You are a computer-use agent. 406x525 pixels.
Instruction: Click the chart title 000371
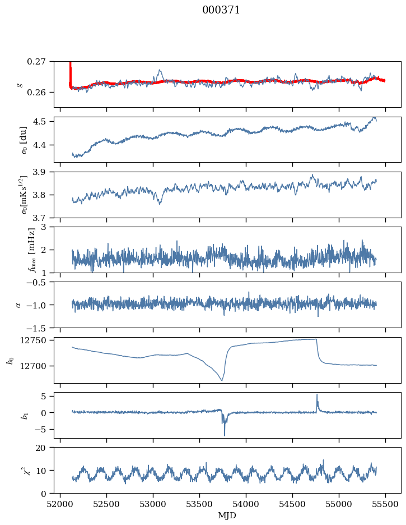(x=221, y=10)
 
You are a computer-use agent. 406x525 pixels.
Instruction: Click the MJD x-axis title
(x=227, y=515)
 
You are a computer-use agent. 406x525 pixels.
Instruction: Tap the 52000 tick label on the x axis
(x=60, y=504)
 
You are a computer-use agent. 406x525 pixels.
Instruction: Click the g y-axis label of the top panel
(x=20, y=84)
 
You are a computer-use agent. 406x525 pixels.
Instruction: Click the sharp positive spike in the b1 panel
(x=317, y=395)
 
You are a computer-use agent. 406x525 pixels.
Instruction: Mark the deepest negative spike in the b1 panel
(x=225, y=435)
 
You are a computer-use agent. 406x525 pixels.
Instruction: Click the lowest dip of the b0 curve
(x=222, y=381)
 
